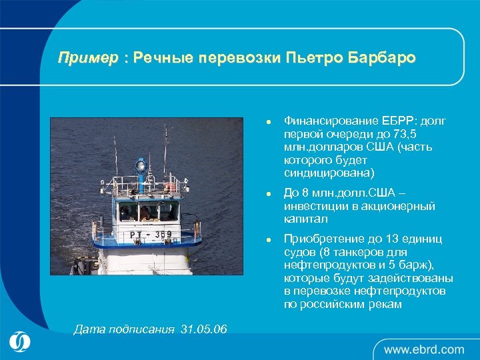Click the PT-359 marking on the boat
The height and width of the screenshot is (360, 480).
151,234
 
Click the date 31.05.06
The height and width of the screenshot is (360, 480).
203,329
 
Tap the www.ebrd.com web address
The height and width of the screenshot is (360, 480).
423,349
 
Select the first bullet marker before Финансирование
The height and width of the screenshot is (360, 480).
267,123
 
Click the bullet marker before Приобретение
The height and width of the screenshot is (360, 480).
267,239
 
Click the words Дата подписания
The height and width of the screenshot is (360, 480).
123,329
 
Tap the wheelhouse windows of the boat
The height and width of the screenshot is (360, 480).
149,212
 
